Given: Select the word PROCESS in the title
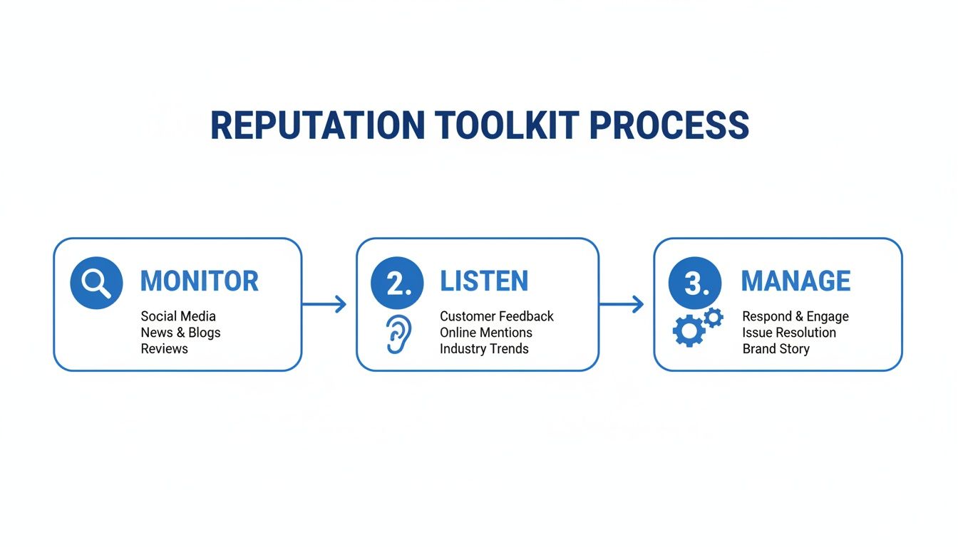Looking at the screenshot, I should click(x=669, y=126).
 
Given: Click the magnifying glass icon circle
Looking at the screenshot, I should click(x=96, y=283).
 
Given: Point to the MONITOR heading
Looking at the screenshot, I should click(x=199, y=281).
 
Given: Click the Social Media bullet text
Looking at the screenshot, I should click(x=178, y=316).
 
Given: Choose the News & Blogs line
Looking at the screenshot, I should click(x=180, y=333).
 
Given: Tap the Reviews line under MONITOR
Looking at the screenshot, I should click(x=164, y=349).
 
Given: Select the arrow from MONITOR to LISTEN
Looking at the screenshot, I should click(x=324, y=305).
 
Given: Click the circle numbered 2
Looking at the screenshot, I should click(x=397, y=283).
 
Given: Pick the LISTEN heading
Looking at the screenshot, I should click(x=484, y=281).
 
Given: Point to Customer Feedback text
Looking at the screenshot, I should click(x=497, y=316).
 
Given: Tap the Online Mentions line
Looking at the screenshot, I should click(x=486, y=333).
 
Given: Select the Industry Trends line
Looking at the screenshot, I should click(x=484, y=349).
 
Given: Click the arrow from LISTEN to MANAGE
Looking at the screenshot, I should click(x=622, y=305).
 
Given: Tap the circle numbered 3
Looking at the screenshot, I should click(x=695, y=283).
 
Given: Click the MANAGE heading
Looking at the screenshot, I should click(x=795, y=281).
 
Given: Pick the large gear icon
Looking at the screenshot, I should click(x=689, y=331).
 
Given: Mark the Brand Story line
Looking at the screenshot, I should click(x=776, y=349).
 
